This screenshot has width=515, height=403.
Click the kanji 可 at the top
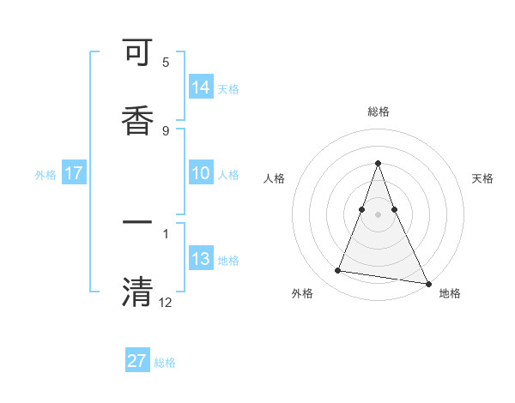point(137,55)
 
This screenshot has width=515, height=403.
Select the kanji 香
point(137,119)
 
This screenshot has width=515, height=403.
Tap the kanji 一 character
point(137,222)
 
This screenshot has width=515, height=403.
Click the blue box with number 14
point(201,87)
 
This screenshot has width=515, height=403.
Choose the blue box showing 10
point(201,173)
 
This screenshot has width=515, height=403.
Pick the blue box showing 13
point(201,259)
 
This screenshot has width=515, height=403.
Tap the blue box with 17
point(74,173)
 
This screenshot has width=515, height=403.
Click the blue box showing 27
point(137,361)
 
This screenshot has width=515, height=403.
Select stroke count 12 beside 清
point(166,301)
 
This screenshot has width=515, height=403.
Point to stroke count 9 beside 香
point(166,130)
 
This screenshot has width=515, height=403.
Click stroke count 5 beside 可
point(166,63)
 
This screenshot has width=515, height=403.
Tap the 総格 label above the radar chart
point(379,111)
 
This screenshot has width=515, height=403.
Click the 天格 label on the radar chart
point(483,178)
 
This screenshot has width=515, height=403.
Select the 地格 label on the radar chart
point(450,293)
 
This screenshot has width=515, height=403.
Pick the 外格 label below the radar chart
point(302,293)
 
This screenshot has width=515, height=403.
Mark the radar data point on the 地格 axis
point(427,283)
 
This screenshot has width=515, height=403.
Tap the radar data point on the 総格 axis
point(379,163)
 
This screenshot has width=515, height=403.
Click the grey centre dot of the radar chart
point(379,214)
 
